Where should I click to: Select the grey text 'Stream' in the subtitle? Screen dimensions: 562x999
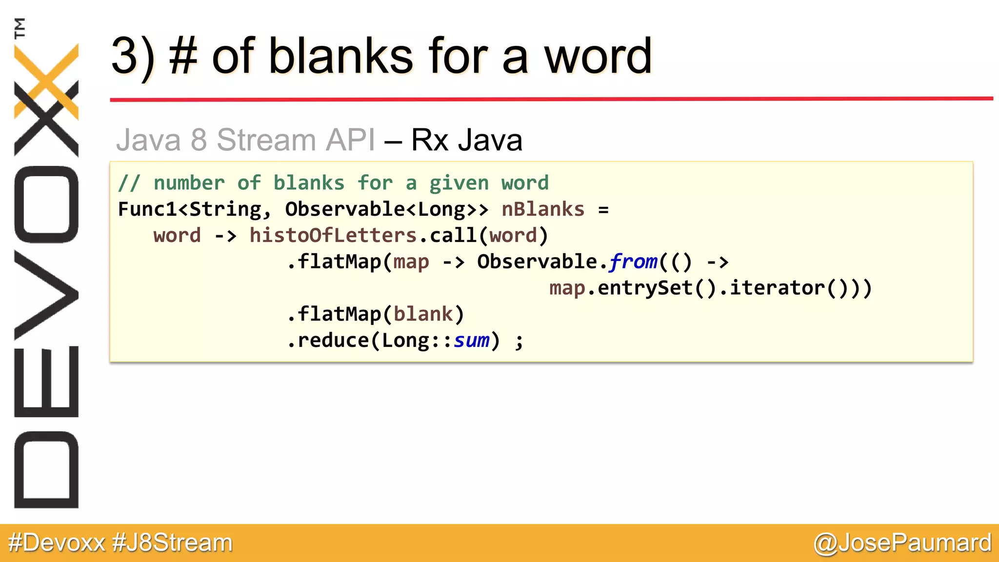pyautogui.click(x=266, y=140)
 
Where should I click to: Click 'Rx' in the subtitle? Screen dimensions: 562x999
pyautogui.click(x=429, y=140)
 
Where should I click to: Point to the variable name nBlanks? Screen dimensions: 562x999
pyautogui.click(x=542, y=209)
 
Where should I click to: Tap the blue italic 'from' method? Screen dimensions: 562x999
pyautogui.click(x=633, y=261)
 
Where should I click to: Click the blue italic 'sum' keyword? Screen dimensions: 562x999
pyautogui.click(x=471, y=341)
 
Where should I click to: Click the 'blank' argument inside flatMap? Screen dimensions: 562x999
pyautogui.click(x=423, y=314)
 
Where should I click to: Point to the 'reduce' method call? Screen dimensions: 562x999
pyautogui.click(x=333, y=341)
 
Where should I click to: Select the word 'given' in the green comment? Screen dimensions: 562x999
pyautogui.click(x=459, y=183)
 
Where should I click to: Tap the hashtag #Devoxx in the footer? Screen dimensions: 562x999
pyautogui.click(x=57, y=542)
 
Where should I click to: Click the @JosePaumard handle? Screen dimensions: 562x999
pyautogui.click(x=902, y=542)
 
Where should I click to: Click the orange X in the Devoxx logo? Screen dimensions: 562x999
pyautogui.click(x=46, y=80)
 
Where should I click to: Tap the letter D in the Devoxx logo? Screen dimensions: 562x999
pyautogui.click(x=46, y=469)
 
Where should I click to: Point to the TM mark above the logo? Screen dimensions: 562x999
pyautogui.click(x=20, y=28)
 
